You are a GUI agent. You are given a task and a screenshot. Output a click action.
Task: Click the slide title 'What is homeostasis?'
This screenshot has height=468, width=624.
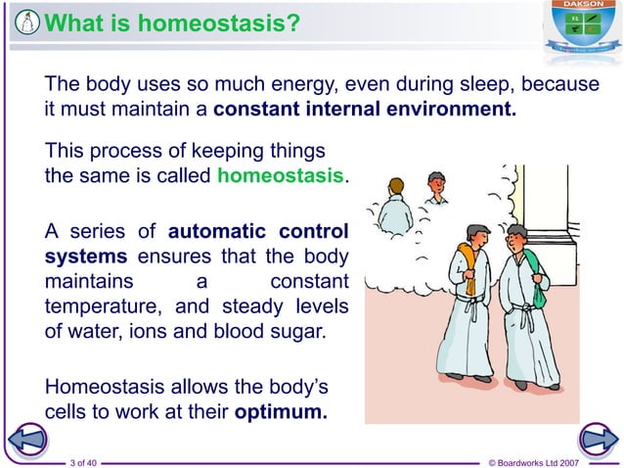(x=172, y=22)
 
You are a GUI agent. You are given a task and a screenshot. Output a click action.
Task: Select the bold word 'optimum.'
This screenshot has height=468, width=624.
(x=281, y=411)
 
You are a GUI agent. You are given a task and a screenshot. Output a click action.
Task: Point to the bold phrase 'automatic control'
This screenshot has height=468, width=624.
(x=258, y=232)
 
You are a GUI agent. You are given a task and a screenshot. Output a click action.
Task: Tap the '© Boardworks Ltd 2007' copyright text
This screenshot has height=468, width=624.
(x=547, y=461)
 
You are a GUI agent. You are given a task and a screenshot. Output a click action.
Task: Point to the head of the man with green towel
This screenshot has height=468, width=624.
(x=516, y=238)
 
